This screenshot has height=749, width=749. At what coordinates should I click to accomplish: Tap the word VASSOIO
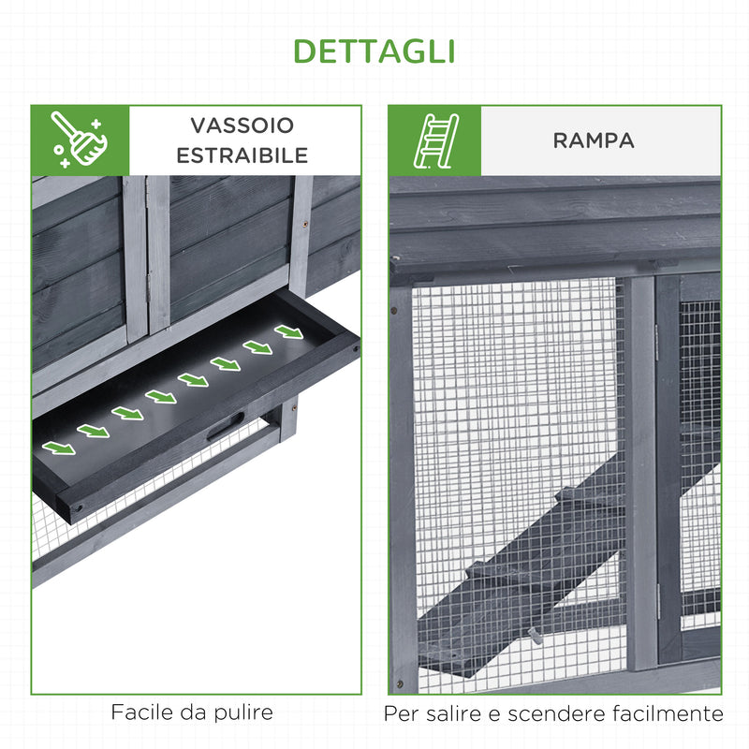tap(242, 125)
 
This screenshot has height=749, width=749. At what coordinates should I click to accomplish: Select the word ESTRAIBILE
tap(242, 154)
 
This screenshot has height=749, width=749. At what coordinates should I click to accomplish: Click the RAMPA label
tap(594, 140)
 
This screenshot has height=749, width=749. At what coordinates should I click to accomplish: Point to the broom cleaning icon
tap(80, 140)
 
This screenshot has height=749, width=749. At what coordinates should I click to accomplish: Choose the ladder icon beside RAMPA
tap(434, 140)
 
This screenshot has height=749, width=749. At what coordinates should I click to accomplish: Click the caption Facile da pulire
tap(192, 712)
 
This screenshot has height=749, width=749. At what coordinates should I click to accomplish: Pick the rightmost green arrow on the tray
tap(288, 331)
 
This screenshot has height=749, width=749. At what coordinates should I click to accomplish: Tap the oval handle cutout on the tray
tap(226, 426)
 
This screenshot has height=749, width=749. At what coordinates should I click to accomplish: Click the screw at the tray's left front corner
tap(77, 507)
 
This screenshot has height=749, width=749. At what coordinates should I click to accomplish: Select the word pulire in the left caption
tap(243, 712)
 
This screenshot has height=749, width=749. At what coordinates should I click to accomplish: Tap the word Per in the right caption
tap(401, 713)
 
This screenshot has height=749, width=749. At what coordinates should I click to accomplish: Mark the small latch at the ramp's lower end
tap(537, 636)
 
